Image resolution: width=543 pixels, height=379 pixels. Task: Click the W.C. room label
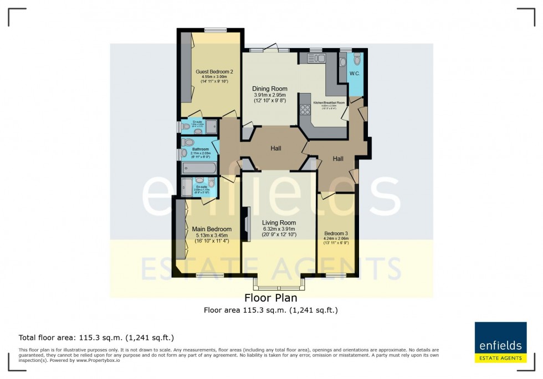[355, 74]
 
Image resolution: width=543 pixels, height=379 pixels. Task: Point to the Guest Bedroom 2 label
[214, 72]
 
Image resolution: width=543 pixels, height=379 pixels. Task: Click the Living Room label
[279, 222]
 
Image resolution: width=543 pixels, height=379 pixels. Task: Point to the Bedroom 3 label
[337, 233]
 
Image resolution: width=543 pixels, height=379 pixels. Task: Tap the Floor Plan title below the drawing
[271, 298]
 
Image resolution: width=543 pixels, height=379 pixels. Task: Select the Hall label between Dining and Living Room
[276, 148]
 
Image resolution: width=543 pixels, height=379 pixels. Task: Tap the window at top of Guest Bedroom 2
[213, 30]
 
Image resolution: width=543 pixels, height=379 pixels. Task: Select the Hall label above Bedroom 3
[338, 159]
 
